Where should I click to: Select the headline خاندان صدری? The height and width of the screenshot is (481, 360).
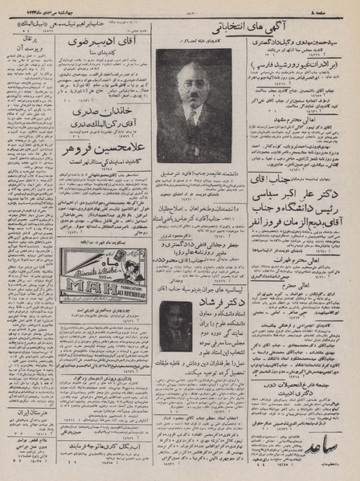coord(97,112)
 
